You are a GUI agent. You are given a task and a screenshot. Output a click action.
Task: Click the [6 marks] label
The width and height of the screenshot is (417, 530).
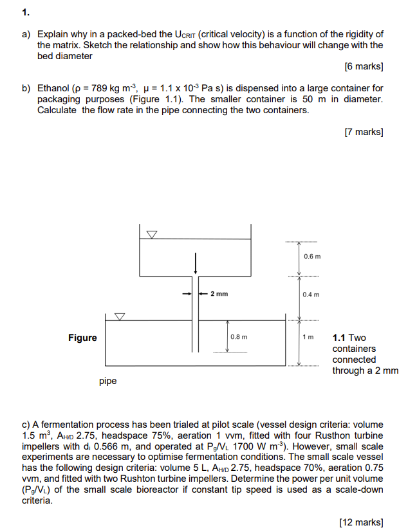coord(364,66)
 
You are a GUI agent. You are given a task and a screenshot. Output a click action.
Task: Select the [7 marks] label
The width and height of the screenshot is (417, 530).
coord(364,132)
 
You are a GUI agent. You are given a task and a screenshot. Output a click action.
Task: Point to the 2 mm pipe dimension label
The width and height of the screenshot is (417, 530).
coord(219,294)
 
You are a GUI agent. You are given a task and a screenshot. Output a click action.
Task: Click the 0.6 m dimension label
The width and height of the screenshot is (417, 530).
coord(311,257)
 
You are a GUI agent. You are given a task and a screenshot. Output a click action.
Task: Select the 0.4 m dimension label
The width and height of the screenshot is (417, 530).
coord(311,295)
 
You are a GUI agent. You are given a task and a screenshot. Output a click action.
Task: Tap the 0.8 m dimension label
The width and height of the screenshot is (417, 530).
coord(239,336)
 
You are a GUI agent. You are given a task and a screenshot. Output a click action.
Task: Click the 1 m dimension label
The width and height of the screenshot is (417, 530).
coord(308,337)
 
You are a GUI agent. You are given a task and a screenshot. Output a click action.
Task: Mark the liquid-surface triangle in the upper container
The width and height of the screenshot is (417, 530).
coord(152,235)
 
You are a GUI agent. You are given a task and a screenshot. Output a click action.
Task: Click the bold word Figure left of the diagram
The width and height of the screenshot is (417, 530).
coord(82,338)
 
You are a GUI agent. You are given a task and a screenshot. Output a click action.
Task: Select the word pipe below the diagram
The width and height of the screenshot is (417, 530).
coord(108,381)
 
